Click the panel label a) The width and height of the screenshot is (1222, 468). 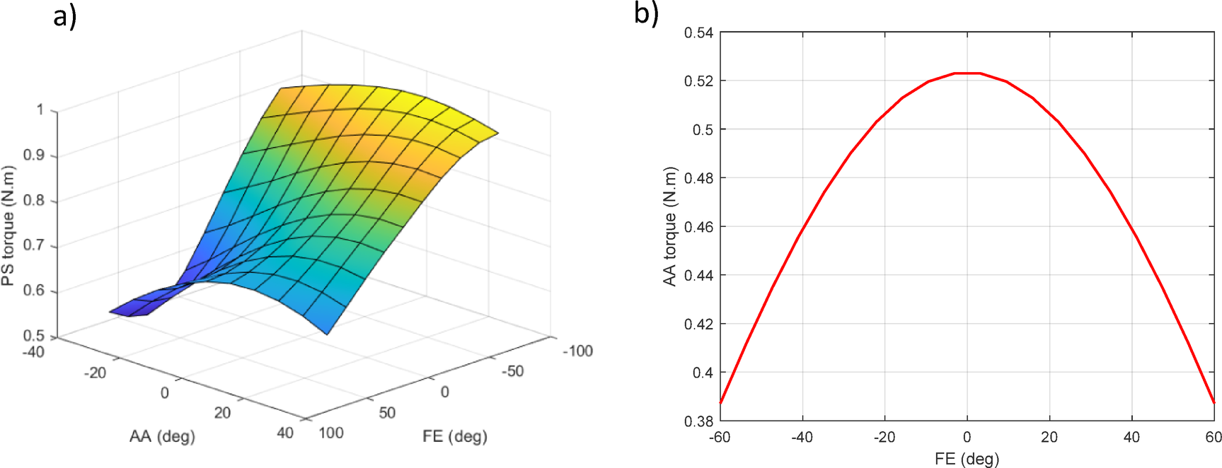coord(64,16)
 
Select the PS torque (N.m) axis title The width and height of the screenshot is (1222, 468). coord(8,226)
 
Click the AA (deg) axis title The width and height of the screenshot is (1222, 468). coord(162,436)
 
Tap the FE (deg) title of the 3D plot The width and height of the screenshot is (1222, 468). coord(454,436)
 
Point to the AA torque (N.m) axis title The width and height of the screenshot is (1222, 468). coord(669,226)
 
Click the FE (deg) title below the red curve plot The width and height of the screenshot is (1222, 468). coord(967,459)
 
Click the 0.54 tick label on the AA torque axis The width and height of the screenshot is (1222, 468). coord(698,33)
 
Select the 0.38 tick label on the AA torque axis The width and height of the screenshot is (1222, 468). coord(698,421)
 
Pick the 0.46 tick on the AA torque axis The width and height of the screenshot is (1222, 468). coord(698,227)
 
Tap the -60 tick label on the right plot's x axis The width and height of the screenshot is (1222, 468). coord(720,438)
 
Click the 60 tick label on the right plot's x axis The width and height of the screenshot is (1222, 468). coord(1214,438)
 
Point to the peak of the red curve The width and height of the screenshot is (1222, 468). coord(967,73)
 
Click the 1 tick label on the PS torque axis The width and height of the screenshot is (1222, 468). coord(40,110)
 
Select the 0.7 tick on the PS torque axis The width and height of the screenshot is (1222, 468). coord(34,245)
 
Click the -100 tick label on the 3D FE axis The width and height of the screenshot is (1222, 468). coord(577,351)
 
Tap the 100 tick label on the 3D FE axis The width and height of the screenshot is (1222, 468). coord(330,433)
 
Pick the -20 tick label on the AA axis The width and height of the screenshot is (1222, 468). coord(95,373)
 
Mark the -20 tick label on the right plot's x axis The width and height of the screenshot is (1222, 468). coord(884,438)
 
